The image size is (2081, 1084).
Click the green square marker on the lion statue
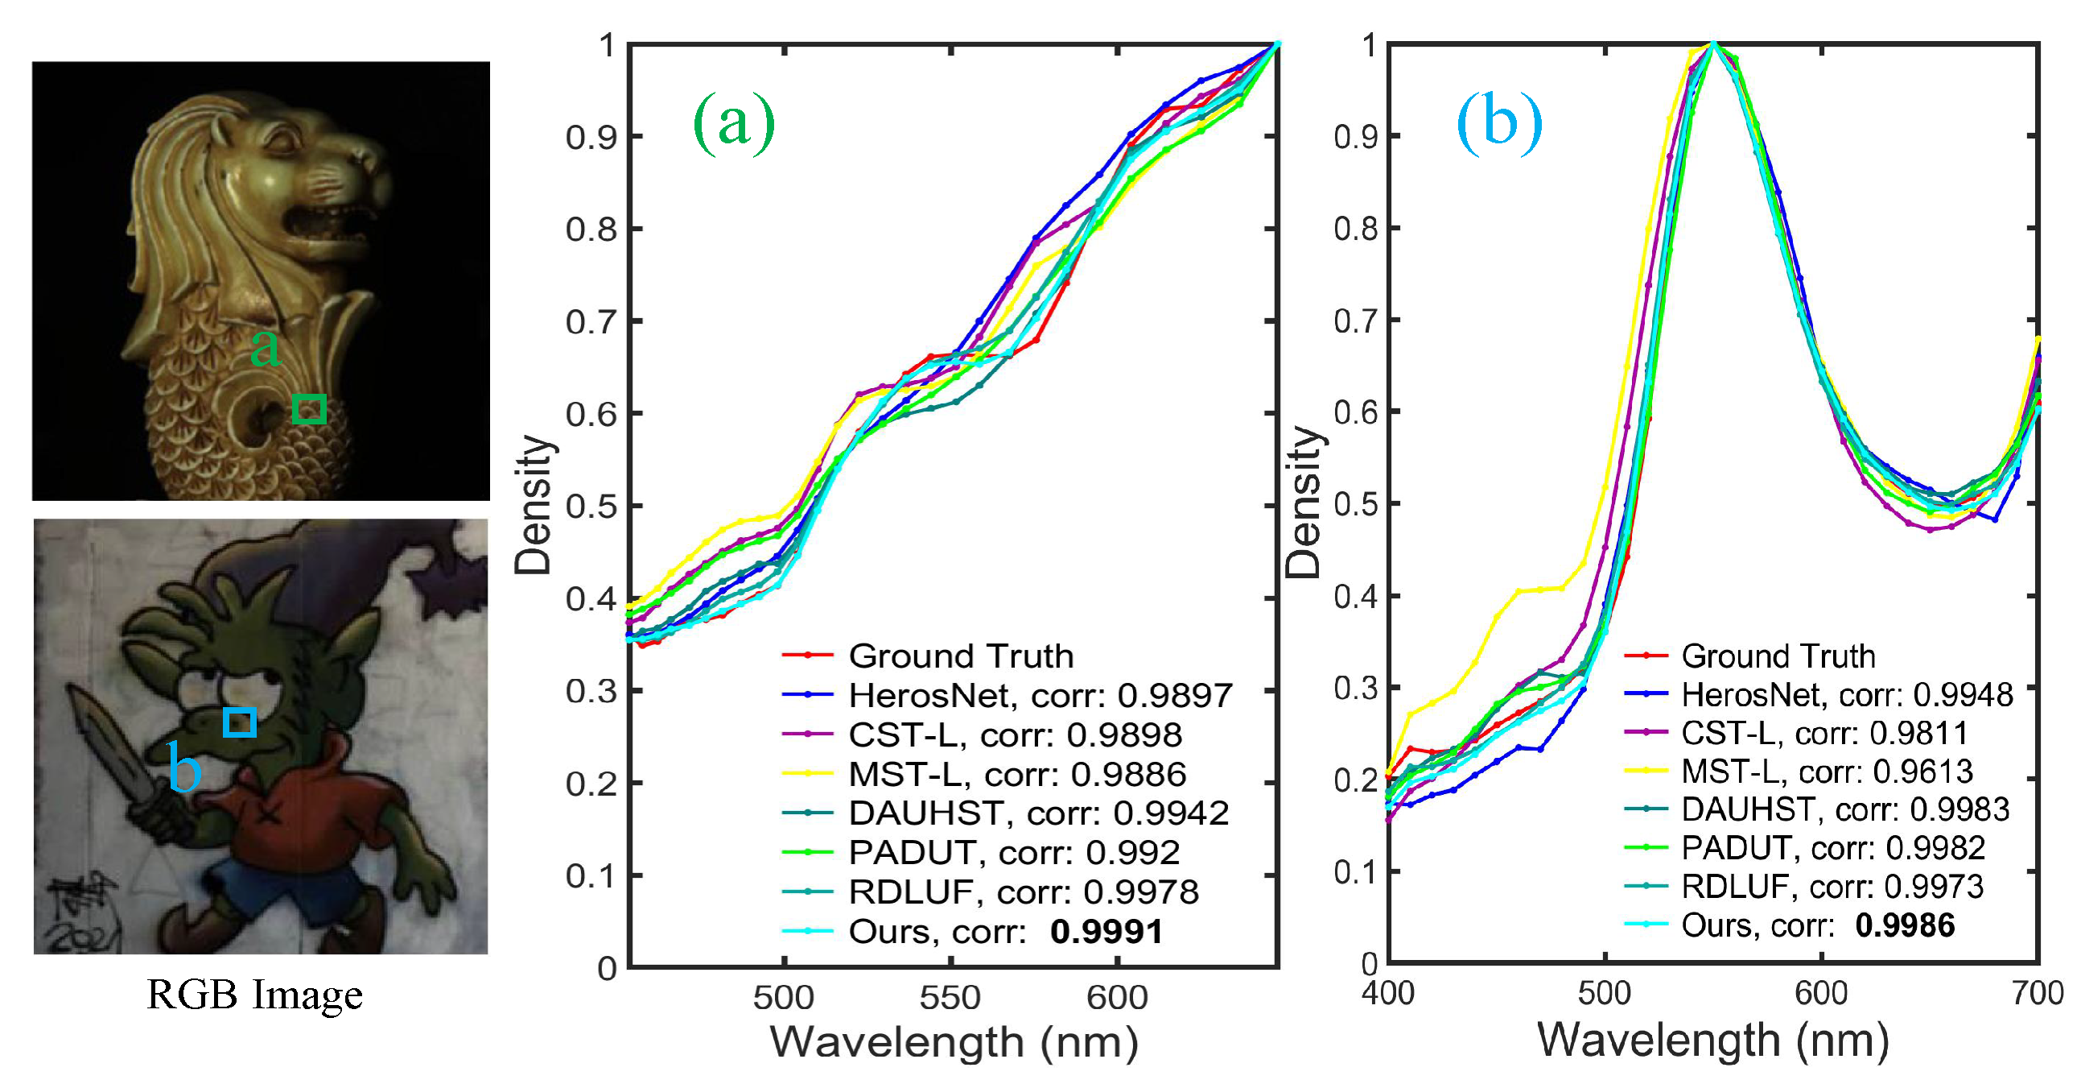[308, 409]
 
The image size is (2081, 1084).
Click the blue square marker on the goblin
[240, 722]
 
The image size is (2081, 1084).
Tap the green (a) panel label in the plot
[734, 123]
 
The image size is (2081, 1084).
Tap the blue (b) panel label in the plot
[1498, 123]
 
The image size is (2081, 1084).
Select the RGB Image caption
[254, 995]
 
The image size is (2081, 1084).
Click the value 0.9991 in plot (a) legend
[1106, 932]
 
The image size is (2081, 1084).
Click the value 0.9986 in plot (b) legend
[1904, 925]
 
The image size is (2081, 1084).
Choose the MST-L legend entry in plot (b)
[1826, 772]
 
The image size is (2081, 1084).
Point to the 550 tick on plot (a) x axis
[950, 998]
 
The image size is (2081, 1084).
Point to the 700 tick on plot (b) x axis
[2038, 993]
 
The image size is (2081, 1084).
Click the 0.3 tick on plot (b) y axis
[1356, 688]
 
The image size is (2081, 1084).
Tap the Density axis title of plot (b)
[1304, 501]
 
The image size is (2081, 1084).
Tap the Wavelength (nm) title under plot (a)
[954, 1042]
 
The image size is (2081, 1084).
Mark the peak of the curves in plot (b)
[1712, 45]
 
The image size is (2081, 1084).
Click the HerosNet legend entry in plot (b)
[1847, 694]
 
